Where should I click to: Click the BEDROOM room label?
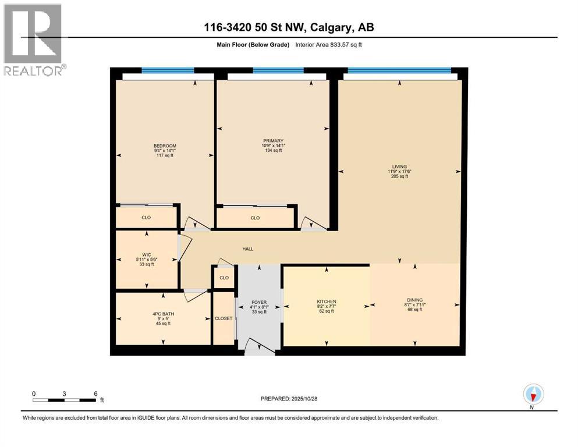point(165,146)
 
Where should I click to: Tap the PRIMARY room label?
point(273,141)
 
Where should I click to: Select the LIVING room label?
point(399,166)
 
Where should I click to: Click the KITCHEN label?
point(327,301)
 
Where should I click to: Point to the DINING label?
point(414,301)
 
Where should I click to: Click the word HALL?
point(248,249)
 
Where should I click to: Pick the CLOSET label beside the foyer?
point(224,318)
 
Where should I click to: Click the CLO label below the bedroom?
point(146,218)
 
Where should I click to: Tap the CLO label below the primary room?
point(255,218)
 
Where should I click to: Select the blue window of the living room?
point(399,71)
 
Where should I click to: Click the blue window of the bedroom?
point(168,70)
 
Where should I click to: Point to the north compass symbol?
point(533,395)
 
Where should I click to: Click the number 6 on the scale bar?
point(96,393)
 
